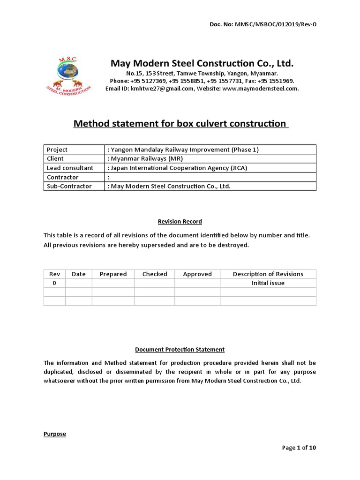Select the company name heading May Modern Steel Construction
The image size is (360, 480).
pyautogui.click(x=202, y=63)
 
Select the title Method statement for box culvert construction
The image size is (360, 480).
pyautogui.click(x=180, y=124)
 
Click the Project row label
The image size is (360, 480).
pyautogui.click(x=57, y=150)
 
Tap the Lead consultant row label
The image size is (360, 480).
pyautogui.click(x=70, y=168)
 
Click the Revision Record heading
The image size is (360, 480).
pyautogui.click(x=180, y=221)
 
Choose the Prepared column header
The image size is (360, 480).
pyautogui.click(x=113, y=274)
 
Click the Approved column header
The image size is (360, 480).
pyautogui.click(x=197, y=274)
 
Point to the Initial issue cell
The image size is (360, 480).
pyautogui.click(x=268, y=283)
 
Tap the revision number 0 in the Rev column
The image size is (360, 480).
pyautogui.click(x=54, y=283)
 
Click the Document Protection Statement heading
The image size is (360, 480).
pyautogui.click(x=180, y=349)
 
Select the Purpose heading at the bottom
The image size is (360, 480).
pyautogui.click(x=55, y=434)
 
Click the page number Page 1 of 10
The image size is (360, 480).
pyautogui.click(x=299, y=448)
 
